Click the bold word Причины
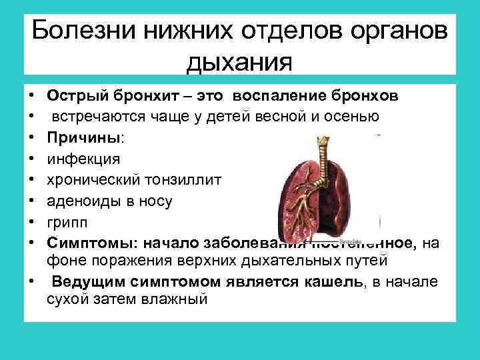(x=85, y=138)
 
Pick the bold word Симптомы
(x=87, y=243)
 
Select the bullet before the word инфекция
(x=32, y=159)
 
